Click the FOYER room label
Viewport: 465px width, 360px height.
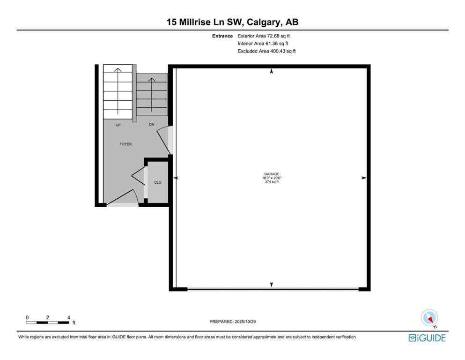point(125,144)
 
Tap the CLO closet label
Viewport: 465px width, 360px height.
point(158,182)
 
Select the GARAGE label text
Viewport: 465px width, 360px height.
point(271,174)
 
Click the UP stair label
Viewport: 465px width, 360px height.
point(118,125)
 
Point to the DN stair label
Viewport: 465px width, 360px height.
point(151,125)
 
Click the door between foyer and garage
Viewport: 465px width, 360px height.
point(165,139)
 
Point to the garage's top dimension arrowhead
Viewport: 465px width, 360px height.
point(271,72)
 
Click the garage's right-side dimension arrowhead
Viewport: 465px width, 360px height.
point(363,178)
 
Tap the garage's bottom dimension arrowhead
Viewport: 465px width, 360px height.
point(271,284)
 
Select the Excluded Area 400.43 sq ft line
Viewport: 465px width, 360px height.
point(267,51)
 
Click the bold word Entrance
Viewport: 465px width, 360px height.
point(222,36)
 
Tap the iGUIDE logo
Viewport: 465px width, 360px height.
point(427,337)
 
